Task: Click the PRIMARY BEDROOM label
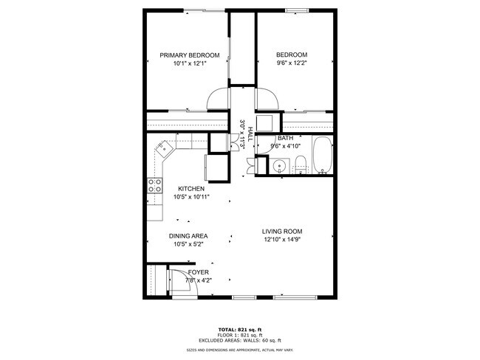[190, 55]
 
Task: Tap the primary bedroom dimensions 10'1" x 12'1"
[190, 64]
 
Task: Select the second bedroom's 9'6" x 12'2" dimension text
[292, 64]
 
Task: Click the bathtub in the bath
[321, 156]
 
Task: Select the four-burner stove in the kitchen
[155, 185]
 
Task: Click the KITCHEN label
[191, 189]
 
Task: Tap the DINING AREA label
[191, 236]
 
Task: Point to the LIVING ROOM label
[281, 231]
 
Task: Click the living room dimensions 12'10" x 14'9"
[281, 239]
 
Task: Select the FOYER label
[198, 272]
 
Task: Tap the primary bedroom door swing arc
[217, 98]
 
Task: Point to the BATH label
[285, 138]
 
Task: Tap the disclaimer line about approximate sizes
[239, 350]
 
